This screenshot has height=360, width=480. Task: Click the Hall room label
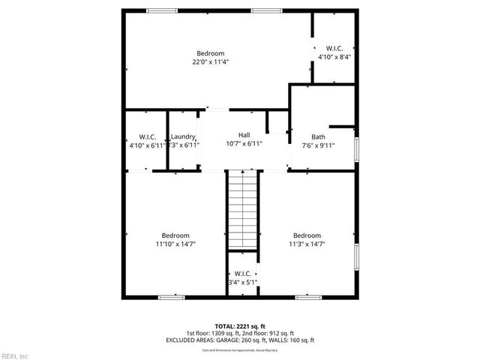[244, 135]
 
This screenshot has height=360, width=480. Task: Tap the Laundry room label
[183, 136]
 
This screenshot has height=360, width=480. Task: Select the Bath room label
[319, 136]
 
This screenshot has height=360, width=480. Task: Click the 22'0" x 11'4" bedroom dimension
[210, 62]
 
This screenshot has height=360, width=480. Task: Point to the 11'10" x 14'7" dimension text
[172, 244]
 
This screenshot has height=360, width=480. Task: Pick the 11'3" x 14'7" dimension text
[307, 244]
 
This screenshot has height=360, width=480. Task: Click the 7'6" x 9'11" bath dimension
[319, 145]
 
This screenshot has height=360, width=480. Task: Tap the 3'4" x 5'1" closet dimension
[243, 283]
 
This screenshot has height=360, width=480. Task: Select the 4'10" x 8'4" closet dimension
[334, 56]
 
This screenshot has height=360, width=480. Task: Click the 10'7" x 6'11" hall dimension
[244, 144]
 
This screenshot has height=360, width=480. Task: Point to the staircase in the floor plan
[243, 210]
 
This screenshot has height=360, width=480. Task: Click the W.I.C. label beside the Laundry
[147, 136]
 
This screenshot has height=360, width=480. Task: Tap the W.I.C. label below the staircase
[243, 274]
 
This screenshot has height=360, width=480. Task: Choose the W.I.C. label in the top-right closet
[334, 47]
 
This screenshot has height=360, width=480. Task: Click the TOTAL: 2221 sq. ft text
[240, 326]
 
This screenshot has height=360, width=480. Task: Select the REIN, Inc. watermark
[15, 355]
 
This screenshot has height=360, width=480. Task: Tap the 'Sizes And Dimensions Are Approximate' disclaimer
[240, 350]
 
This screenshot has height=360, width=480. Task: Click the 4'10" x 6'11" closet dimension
[147, 145]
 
